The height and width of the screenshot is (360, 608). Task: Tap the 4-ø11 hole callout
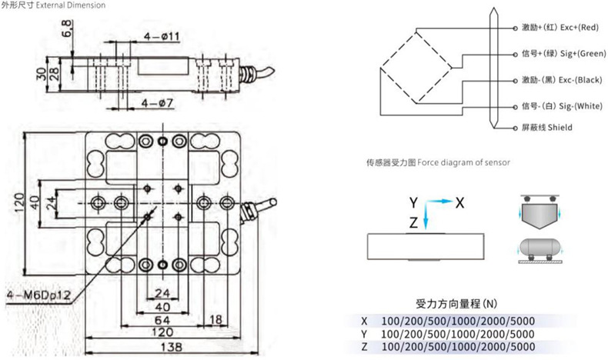pos(161,36)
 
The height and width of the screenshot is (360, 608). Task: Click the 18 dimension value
pos(217,318)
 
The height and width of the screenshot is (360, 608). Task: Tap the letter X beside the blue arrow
pos(459,203)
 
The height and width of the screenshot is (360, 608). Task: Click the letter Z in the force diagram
pos(413,222)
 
